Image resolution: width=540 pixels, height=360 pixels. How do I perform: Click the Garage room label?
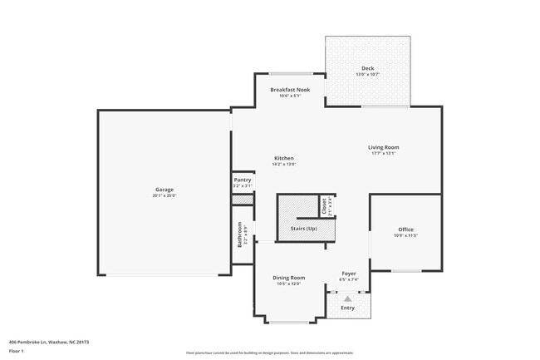164,190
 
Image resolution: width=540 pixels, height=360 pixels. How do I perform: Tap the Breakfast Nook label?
290,89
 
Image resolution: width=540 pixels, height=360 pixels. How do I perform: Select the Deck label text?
367,68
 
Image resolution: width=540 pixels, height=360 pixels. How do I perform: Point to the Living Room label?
384,147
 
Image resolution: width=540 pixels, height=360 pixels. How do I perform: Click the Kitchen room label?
284,158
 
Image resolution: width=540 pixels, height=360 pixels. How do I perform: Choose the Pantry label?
243,180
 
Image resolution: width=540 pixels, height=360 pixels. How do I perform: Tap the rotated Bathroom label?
240,234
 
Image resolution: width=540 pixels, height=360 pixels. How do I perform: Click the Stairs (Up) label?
303,228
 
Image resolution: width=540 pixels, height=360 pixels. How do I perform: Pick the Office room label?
405,229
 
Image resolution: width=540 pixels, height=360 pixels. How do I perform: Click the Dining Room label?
289,278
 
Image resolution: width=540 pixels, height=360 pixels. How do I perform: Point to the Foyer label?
350,274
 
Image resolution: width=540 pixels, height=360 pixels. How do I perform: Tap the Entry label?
347,308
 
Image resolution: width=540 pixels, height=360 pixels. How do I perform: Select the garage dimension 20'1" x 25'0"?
164,196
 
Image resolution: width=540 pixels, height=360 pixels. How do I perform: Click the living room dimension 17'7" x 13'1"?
384,153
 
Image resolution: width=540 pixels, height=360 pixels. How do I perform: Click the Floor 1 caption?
17,352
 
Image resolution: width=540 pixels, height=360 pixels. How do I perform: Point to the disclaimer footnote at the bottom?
270,353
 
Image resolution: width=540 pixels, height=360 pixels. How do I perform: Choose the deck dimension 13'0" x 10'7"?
367,74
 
